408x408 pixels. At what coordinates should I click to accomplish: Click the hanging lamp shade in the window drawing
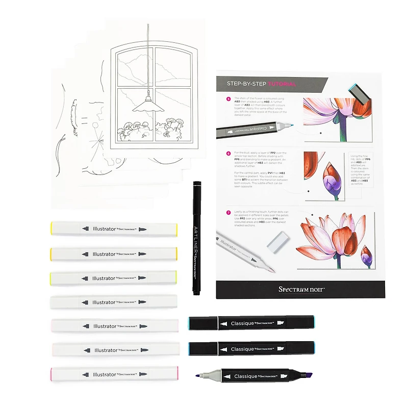tap(146, 106)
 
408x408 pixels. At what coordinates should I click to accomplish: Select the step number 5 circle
tap(228, 99)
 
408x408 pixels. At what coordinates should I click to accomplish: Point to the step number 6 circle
tap(228, 153)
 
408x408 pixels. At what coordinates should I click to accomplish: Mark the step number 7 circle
tap(228, 212)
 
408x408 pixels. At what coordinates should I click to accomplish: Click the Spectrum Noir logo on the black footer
tap(301, 289)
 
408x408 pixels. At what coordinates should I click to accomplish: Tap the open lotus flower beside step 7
tap(326, 240)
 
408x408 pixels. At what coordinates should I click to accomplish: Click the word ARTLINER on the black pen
tap(196, 235)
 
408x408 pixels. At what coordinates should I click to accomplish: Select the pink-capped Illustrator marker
tap(114, 374)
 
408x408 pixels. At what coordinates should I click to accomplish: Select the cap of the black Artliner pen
tap(196, 194)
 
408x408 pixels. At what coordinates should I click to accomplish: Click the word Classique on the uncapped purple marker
tap(245, 376)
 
